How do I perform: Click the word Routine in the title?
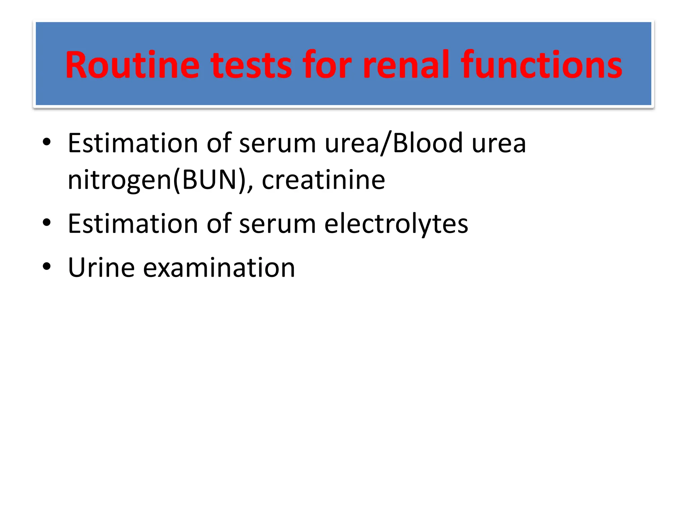click(132, 65)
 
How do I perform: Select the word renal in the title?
click(406, 65)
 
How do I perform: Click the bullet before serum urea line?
click(47, 142)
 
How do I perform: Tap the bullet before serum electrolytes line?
click(47, 223)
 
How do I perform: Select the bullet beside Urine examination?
click(47, 267)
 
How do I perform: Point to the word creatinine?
click(323, 180)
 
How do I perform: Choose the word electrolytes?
click(396, 224)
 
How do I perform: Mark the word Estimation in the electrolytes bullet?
click(133, 224)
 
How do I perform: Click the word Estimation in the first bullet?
click(133, 143)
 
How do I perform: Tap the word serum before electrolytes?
click(277, 224)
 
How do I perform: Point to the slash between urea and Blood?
click(386, 144)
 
